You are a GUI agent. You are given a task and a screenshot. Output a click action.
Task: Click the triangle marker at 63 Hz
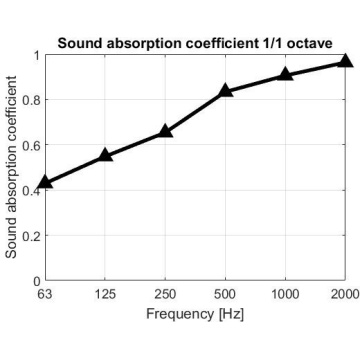pos(45,182)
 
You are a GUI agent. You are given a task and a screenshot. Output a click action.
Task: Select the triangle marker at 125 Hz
pos(105,155)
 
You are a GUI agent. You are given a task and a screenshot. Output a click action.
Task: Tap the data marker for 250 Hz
pos(165,131)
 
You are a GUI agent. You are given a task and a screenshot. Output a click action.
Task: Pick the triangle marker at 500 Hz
pos(225,90)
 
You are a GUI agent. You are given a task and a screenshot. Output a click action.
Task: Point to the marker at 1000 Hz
pos(285,74)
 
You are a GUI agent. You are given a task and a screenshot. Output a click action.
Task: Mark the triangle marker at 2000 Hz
pos(345,61)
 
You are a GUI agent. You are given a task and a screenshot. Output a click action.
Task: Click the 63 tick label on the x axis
pos(45,294)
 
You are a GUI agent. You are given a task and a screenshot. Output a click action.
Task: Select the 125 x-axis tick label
pos(105,294)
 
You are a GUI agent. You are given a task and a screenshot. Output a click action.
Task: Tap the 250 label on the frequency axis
pos(165,294)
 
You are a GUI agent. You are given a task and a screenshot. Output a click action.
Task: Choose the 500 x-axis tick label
pos(225,294)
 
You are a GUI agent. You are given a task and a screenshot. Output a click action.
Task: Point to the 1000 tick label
pos(285,294)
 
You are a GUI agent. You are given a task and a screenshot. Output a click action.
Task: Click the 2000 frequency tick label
pos(344,294)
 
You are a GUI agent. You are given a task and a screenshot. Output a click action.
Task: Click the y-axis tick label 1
pos(37,55)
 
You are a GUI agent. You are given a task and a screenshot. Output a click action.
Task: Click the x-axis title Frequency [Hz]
pos(195,314)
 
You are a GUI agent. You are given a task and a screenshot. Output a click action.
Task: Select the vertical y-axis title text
pos(11,167)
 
